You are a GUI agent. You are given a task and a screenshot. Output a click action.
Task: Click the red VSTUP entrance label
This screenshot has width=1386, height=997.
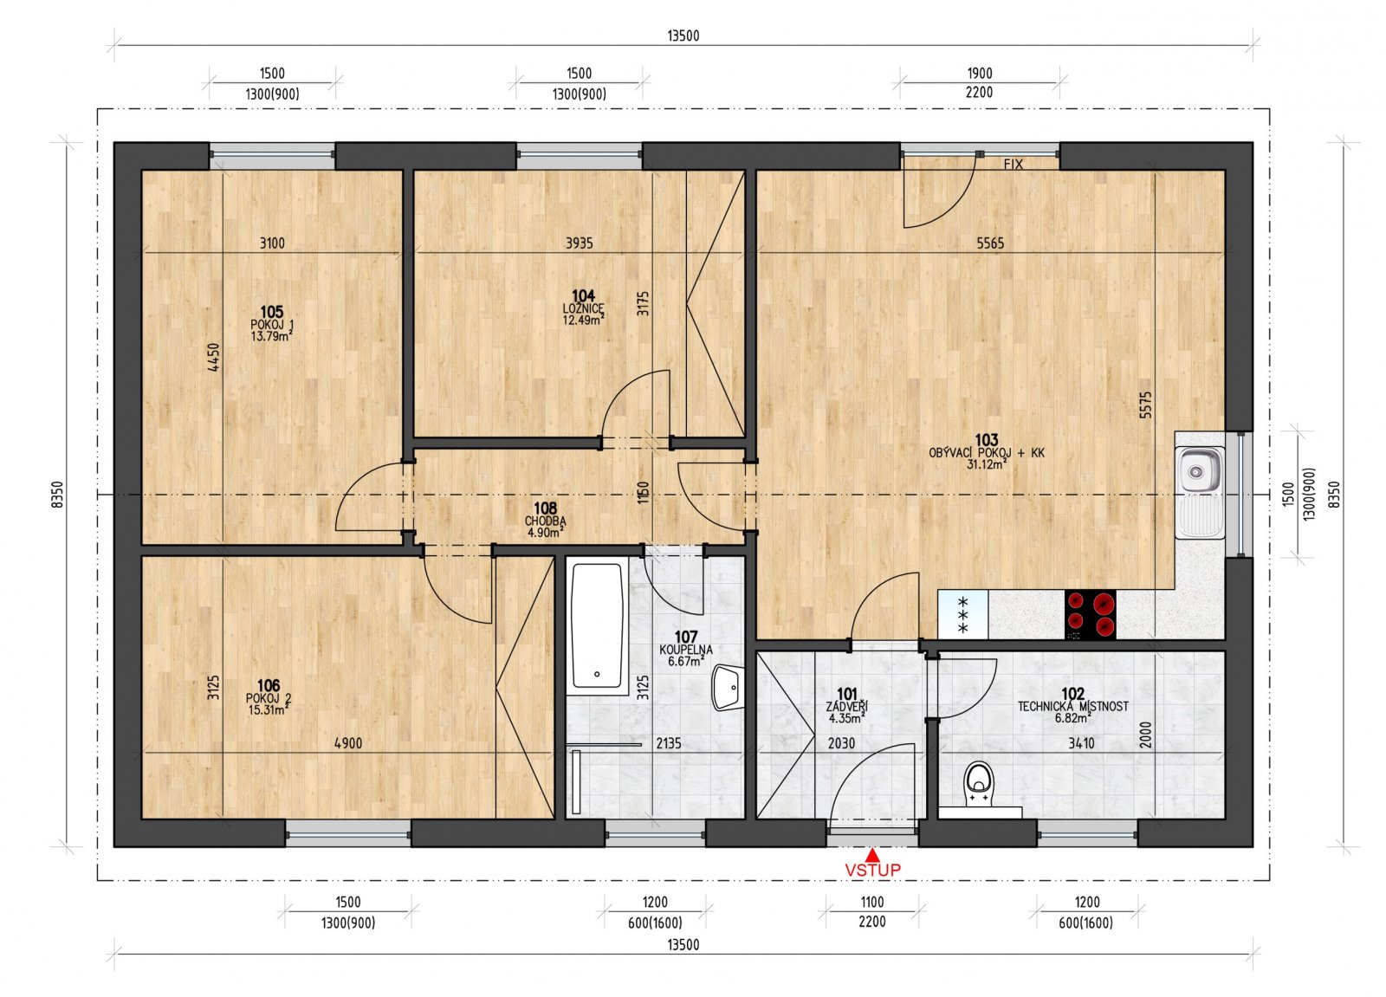[x=872, y=869]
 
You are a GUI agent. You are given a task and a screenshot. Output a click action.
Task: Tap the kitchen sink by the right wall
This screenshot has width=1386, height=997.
[x=1199, y=472]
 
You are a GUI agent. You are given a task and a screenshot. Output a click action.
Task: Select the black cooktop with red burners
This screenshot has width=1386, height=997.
[x=1090, y=614]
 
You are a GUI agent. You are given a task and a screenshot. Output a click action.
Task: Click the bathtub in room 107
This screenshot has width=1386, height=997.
[x=597, y=625]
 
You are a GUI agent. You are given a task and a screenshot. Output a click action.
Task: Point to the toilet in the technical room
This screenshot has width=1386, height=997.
[x=980, y=783]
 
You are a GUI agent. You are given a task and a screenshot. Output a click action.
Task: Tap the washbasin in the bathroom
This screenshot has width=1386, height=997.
[x=728, y=688]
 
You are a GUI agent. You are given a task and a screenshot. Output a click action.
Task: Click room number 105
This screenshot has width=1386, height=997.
[x=272, y=312]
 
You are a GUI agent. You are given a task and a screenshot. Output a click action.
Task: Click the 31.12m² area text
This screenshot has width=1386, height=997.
[x=986, y=464]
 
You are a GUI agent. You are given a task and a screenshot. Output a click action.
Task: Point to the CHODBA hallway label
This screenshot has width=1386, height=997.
[x=545, y=521]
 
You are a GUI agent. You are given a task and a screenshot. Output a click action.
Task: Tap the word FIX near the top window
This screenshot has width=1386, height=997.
[x=1013, y=164]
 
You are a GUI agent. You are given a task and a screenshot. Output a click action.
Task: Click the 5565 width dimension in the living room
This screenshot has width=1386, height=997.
[x=990, y=243]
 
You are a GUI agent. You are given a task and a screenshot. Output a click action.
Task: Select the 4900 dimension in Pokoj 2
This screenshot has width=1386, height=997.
[x=348, y=743]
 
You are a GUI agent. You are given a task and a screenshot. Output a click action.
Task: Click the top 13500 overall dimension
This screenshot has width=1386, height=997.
[x=683, y=36]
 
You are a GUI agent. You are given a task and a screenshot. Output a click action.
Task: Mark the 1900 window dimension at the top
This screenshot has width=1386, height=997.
[x=979, y=74]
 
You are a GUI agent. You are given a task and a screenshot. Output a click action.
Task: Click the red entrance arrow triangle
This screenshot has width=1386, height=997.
[x=872, y=855]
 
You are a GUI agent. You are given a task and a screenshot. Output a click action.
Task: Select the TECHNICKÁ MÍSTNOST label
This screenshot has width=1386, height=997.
[x=1072, y=706]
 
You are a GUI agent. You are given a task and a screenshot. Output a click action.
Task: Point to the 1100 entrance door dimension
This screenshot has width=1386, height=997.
[x=871, y=902]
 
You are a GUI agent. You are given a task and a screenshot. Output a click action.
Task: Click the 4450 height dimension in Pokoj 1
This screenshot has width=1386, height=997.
[x=214, y=357]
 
